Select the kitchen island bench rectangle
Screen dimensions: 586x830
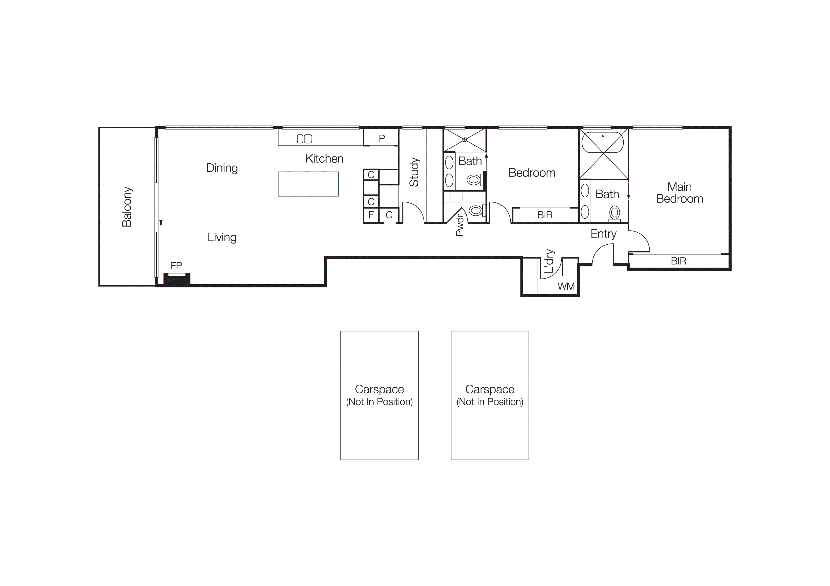tap(308, 184)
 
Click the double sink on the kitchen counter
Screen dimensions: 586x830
tap(304, 139)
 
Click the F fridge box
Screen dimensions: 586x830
tap(371, 215)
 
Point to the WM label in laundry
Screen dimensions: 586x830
tap(566, 286)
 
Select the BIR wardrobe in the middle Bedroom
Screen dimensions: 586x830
tap(545, 215)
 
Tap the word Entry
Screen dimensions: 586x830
tap(603, 234)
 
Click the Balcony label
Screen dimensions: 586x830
tap(127, 207)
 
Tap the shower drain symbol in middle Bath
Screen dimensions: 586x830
tap(464, 140)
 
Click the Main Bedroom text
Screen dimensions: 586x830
tap(679, 193)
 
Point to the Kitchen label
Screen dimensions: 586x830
tap(324, 159)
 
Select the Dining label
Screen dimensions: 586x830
tap(222, 168)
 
